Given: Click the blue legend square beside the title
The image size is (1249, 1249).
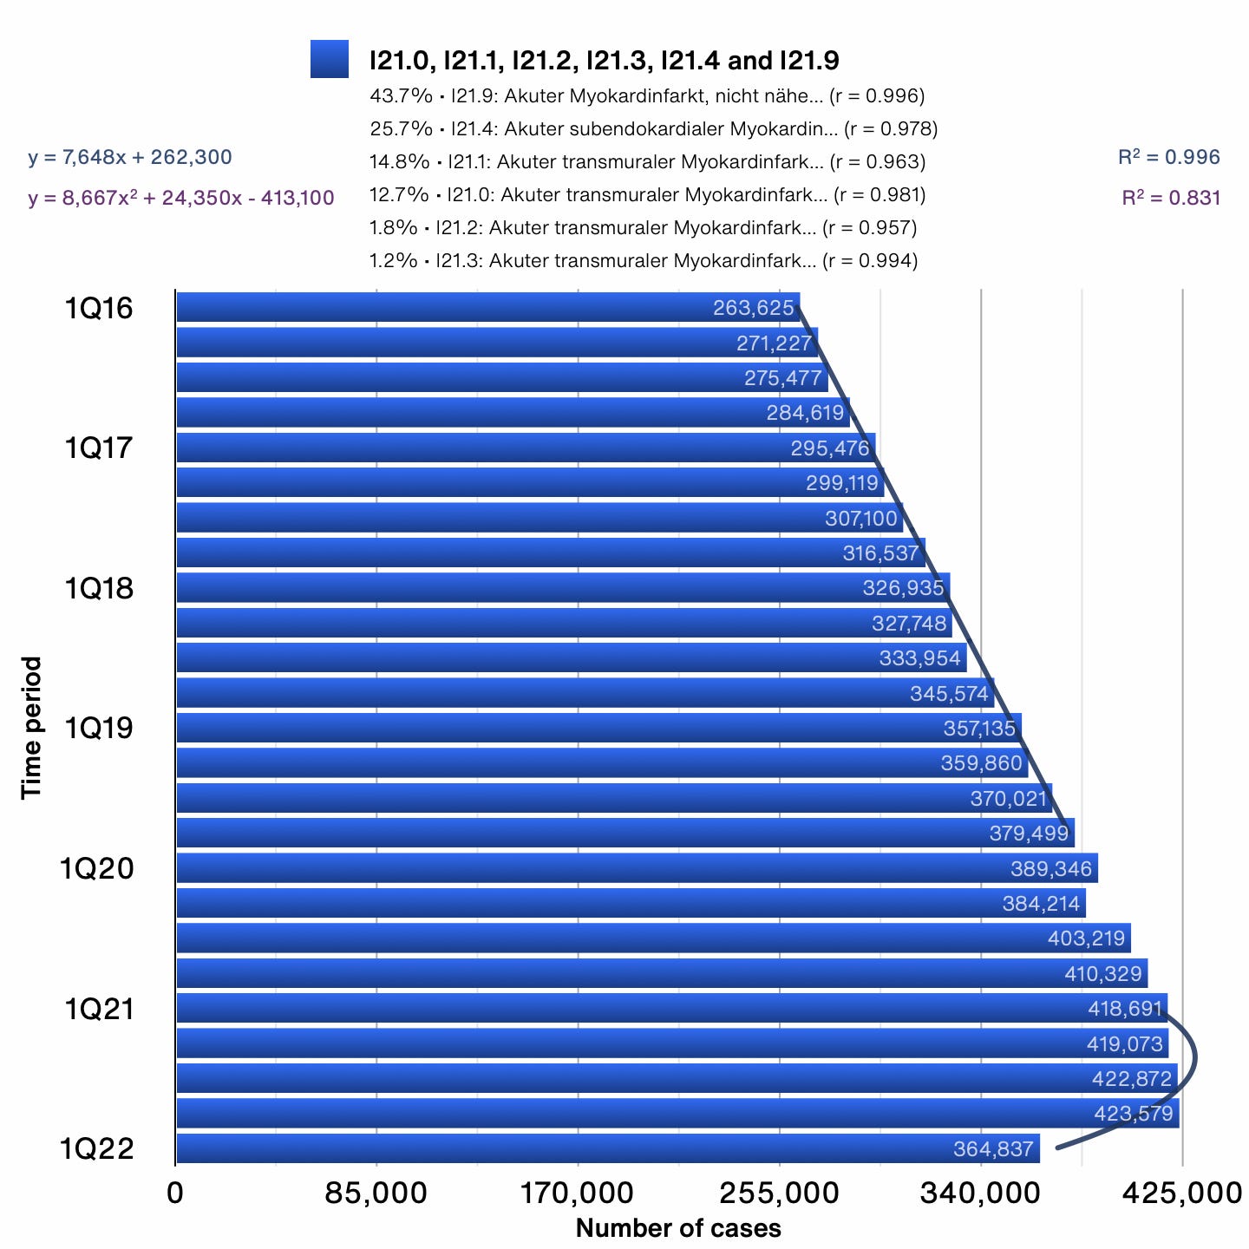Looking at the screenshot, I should click(x=330, y=59).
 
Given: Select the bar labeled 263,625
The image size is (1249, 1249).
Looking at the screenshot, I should click(x=486, y=308).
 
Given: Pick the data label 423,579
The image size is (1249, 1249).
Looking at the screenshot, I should click(x=1133, y=1114).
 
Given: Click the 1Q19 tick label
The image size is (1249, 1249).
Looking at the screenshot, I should click(x=99, y=728).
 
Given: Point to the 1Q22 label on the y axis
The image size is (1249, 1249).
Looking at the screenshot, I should click(x=97, y=1148).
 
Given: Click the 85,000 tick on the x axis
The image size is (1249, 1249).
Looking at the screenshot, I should click(x=376, y=1193).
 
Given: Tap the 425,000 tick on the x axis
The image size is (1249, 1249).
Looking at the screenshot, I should click(x=1181, y=1193).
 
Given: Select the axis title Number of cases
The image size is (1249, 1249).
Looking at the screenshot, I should click(x=678, y=1228).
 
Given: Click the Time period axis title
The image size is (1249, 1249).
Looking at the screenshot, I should click(x=32, y=727).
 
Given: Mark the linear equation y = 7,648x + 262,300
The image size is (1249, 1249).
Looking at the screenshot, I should click(x=130, y=157).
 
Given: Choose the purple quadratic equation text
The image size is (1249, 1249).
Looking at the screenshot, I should click(x=180, y=198).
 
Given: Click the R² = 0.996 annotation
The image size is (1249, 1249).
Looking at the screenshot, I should click(x=1168, y=157).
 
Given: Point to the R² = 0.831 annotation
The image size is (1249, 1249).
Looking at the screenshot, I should click(x=1170, y=198).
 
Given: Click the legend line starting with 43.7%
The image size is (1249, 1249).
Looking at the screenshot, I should click(x=647, y=96).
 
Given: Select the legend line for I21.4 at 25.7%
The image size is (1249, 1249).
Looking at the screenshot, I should click(x=654, y=129).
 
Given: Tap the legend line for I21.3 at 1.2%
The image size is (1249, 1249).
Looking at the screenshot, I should click(x=644, y=261).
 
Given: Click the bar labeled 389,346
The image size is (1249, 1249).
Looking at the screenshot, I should click(x=607, y=868).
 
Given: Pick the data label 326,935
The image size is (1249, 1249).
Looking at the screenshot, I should click(x=903, y=588).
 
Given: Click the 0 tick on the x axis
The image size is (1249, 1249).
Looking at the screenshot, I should click(x=175, y=1193).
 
